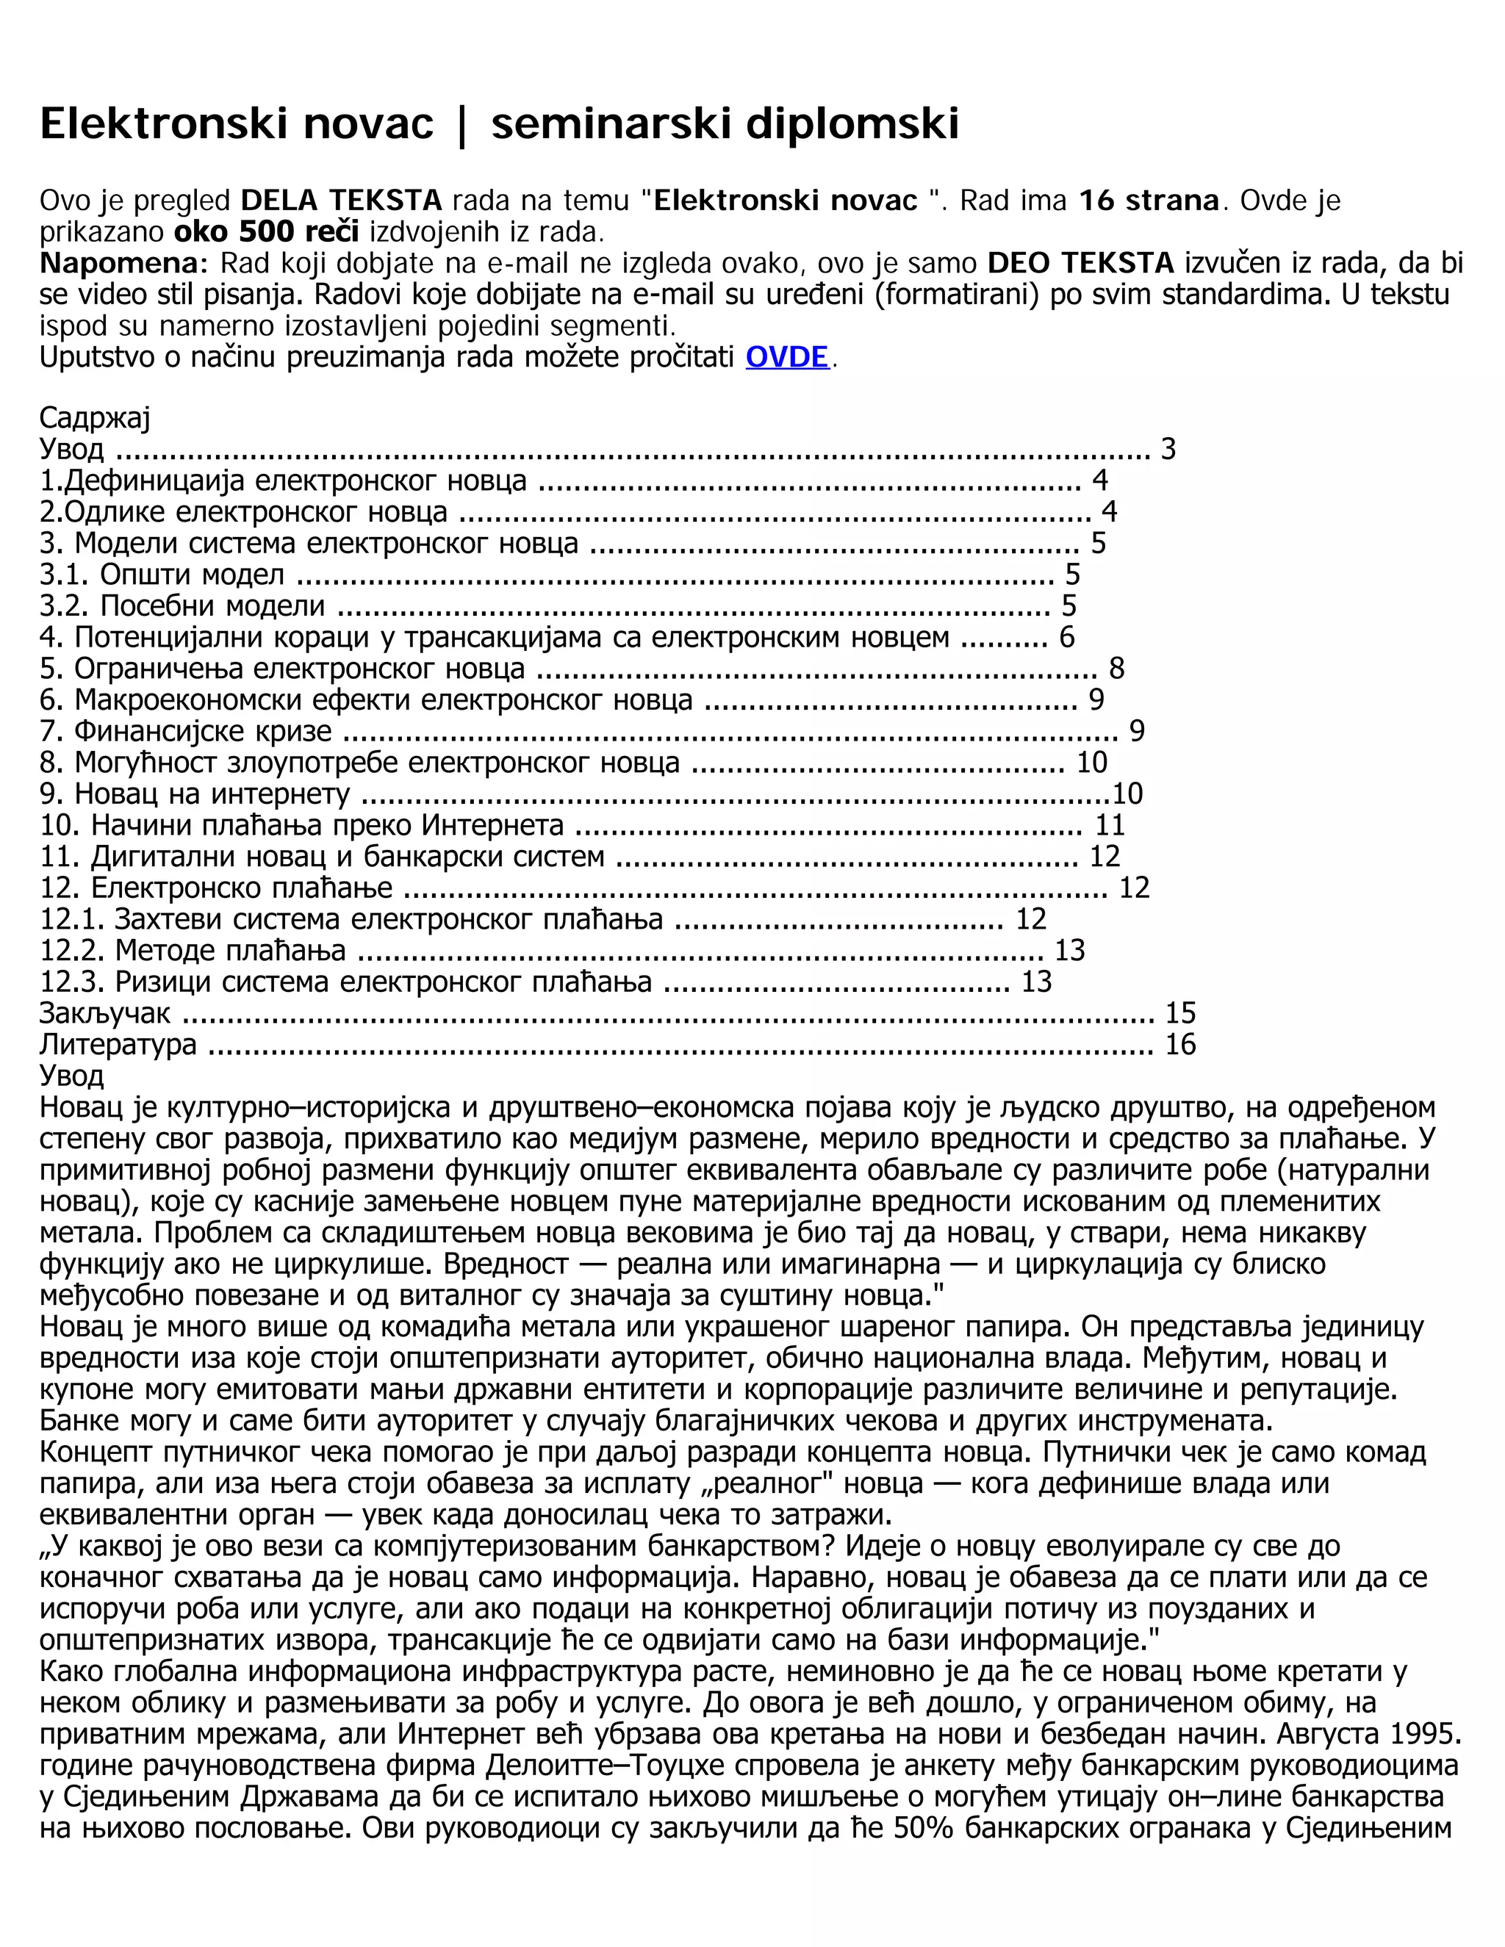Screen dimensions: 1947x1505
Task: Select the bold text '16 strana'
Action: click(x=1149, y=200)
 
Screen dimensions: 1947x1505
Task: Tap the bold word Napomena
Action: click(x=121, y=263)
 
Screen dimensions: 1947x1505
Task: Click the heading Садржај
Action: click(x=95, y=417)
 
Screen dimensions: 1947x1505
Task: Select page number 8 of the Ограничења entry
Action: click(x=1116, y=668)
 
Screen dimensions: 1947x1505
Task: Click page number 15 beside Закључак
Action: click(x=1180, y=1012)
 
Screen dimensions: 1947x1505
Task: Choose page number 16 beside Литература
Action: click(x=1180, y=1044)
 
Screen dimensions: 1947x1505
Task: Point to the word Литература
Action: click(x=118, y=1044)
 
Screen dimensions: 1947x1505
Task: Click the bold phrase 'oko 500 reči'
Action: click(x=267, y=231)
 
